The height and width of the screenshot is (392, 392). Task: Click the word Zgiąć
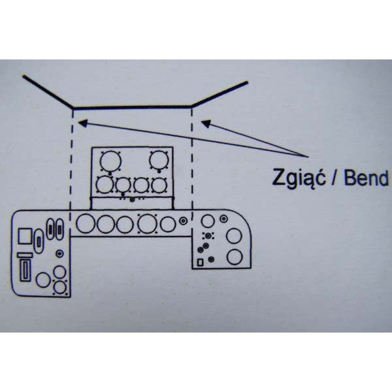(x=299, y=178)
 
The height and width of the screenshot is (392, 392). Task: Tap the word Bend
(x=367, y=178)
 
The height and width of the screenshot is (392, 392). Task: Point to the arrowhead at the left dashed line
(x=83, y=123)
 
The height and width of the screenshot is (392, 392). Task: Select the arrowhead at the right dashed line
(x=206, y=123)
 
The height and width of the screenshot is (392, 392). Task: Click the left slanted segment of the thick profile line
(x=48, y=91)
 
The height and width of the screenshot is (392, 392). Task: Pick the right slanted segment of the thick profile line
(x=220, y=93)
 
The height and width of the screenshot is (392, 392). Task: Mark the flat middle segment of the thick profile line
(x=132, y=107)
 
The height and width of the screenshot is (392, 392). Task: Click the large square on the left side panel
(x=25, y=236)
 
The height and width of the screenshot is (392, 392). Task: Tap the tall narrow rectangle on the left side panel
(x=25, y=270)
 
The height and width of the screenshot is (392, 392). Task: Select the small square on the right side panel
(x=200, y=262)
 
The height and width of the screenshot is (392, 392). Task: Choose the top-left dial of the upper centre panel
(x=110, y=161)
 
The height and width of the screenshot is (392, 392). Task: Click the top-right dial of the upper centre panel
(x=159, y=160)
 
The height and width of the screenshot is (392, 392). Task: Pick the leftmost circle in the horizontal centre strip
(x=86, y=223)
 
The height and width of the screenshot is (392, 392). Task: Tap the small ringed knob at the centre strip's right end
(x=183, y=221)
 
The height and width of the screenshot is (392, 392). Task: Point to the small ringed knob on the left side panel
(x=59, y=253)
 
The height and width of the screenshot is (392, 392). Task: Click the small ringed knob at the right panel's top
(x=223, y=219)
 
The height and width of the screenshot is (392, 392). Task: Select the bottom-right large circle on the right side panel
(x=235, y=257)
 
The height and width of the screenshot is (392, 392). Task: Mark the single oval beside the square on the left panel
(x=39, y=242)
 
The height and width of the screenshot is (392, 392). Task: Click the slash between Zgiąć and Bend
(x=335, y=178)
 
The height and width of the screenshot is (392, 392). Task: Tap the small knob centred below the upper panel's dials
(x=132, y=200)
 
